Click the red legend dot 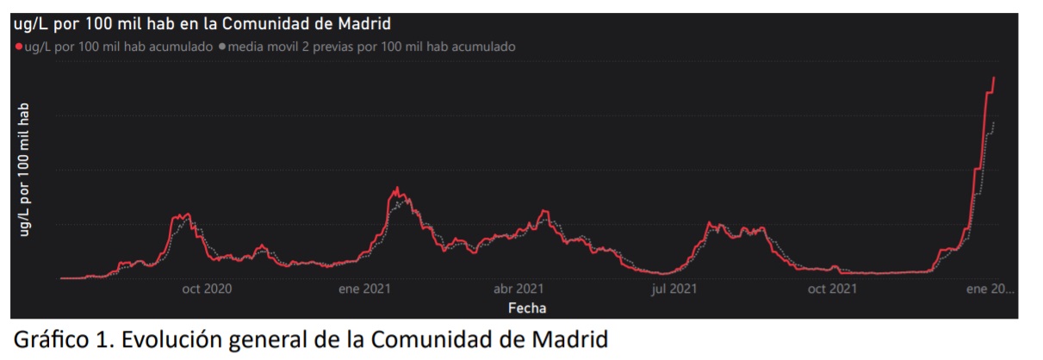pyautogui.click(x=18, y=47)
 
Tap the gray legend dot pyautogui.click(x=222, y=47)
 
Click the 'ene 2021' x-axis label pyautogui.click(x=367, y=290)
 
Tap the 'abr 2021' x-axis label pyautogui.click(x=518, y=290)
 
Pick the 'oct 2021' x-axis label pyautogui.click(x=831, y=290)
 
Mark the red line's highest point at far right pyautogui.click(x=994, y=78)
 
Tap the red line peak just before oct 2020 pyautogui.click(x=187, y=214)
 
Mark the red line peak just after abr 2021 pyautogui.click(x=543, y=210)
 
